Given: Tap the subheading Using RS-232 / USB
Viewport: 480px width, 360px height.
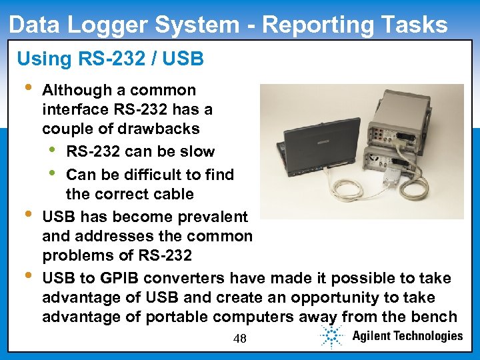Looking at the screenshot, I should coord(110,59).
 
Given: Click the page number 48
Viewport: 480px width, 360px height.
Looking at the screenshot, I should coord(240,339).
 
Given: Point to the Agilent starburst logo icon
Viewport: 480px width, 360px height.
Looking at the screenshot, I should coord(331,337).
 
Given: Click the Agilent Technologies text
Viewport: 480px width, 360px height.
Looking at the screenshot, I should coord(407,336).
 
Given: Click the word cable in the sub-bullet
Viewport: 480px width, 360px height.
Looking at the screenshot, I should coord(173,195).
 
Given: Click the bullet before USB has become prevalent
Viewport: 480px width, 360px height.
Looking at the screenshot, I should coord(26,215).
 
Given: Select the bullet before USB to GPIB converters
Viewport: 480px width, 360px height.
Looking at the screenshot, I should coord(26,275).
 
